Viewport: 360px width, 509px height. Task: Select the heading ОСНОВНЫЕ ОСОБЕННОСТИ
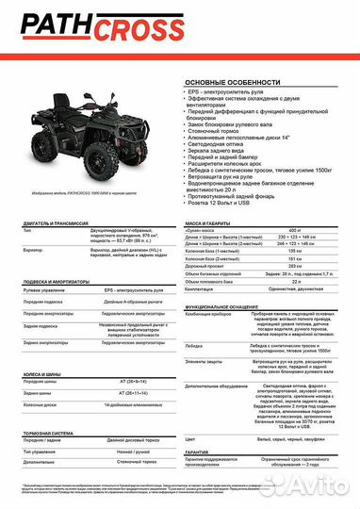219,84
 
